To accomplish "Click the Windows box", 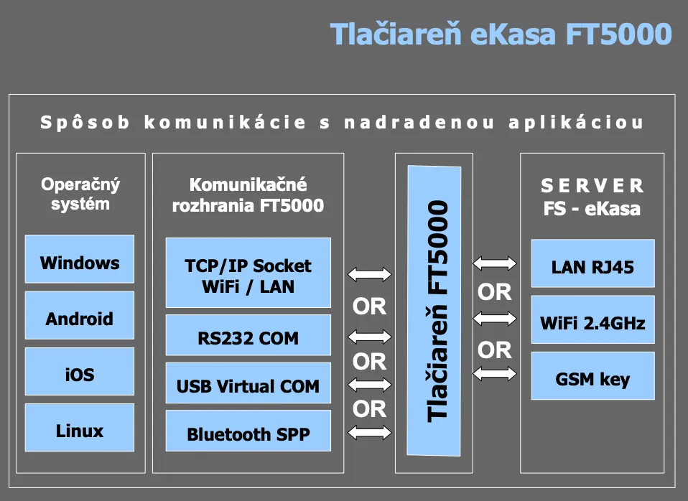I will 80,263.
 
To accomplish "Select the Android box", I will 80,319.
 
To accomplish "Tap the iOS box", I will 80,375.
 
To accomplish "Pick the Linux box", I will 80,431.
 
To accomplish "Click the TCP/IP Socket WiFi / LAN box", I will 248,276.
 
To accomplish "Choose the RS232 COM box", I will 248,338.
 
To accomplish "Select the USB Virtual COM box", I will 248,386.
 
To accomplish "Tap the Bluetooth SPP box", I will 248,434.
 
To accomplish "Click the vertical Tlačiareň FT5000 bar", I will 434,311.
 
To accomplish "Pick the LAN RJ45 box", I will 592,268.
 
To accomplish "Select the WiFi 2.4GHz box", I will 592,322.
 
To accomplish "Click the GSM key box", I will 592,378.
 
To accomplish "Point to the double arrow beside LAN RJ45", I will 495,264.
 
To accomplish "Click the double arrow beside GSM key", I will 495,373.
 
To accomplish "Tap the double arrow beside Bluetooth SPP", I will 370,432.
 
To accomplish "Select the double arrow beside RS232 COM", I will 370,336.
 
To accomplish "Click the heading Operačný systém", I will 80,194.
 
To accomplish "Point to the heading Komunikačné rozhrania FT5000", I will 248,195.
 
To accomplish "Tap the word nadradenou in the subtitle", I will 419,123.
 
